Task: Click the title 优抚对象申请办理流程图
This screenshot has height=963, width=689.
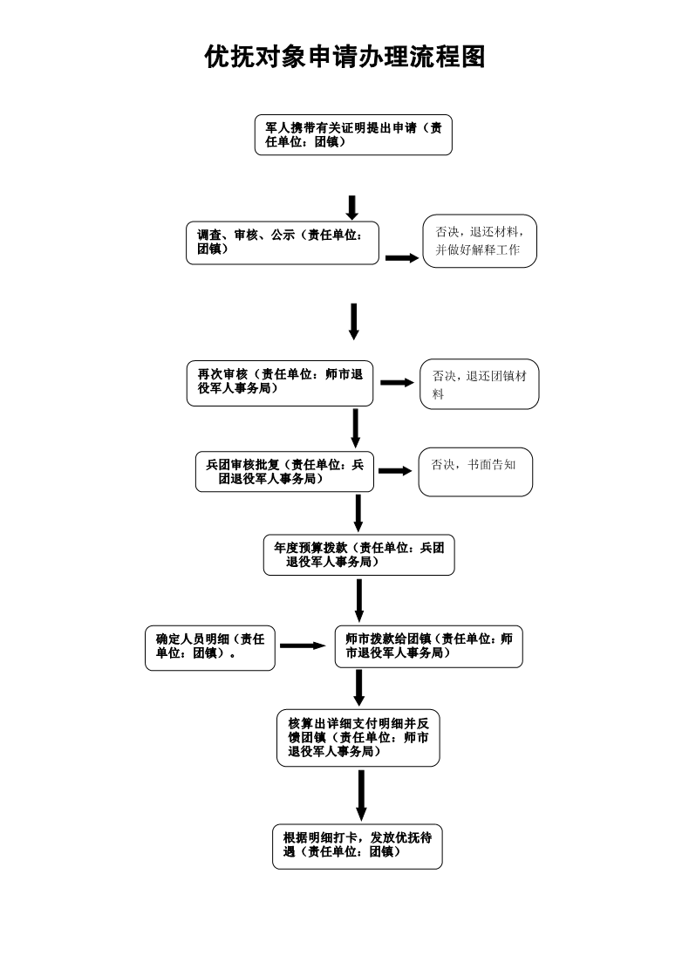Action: (x=344, y=58)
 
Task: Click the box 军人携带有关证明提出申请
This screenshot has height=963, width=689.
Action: (x=353, y=135)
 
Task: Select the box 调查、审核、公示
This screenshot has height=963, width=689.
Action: (x=283, y=242)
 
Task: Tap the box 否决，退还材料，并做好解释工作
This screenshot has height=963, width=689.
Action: (x=480, y=242)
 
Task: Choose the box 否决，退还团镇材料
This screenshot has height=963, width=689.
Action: (x=479, y=385)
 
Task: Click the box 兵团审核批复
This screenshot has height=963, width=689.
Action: (x=284, y=472)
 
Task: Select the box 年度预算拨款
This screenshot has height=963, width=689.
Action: (x=358, y=556)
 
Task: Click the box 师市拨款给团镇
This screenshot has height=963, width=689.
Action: (x=428, y=646)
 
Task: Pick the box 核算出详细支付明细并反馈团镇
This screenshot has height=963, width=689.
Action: (x=358, y=738)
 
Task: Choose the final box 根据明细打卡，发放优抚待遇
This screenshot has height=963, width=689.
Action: (x=357, y=845)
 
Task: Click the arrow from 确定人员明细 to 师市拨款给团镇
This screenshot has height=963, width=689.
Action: (x=302, y=646)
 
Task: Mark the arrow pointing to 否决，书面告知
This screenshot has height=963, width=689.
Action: (x=394, y=471)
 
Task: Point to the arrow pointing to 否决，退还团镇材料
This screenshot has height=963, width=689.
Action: (x=397, y=383)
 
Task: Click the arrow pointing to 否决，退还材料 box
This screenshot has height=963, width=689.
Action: (x=402, y=258)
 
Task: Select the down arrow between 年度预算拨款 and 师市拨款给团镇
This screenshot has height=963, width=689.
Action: (x=359, y=601)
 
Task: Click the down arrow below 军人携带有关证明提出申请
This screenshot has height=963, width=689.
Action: (x=352, y=208)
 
